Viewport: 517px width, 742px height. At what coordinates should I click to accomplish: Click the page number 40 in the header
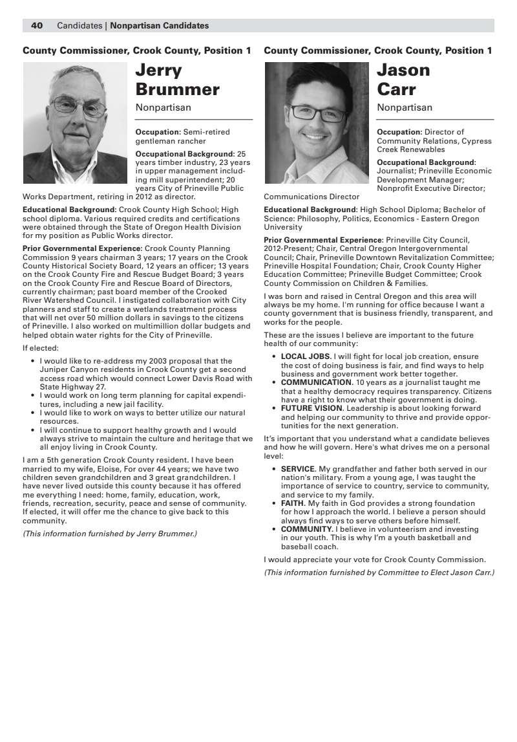pyautogui.click(x=37, y=26)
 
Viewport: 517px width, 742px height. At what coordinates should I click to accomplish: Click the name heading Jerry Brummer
pyautogui.click(x=177, y=80)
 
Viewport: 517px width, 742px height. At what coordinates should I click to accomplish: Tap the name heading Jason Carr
pyautogui.click(x=403, y=80)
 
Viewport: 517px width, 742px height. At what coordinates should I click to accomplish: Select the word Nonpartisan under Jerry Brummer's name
pyautogui.click(x=164, y=107)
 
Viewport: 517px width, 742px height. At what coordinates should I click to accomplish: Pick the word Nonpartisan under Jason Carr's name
pyautogui.click(x=405, y=107)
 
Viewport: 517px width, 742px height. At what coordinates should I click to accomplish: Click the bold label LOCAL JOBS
pyautogui.click(x=305, y=356)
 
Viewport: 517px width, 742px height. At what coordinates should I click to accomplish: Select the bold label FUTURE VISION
pyautogui.click(x=311, y=408)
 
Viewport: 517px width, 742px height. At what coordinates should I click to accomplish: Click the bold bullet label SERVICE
pyautogui.click(x=298, y=469)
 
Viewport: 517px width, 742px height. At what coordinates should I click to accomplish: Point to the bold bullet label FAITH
pyautogui.click(x=292, y=503)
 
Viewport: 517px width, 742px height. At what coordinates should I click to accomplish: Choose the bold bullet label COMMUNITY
pyautogui.click(x=306, y=529)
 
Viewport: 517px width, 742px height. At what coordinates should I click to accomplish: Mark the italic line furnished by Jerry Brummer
pyautogui.click(x=110, y=534)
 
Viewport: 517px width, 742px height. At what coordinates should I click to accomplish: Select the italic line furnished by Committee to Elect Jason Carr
pyautogui.click(x=379, y=573)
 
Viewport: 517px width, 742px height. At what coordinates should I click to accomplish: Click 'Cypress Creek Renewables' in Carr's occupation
pyautogui.click(x=434, y=146)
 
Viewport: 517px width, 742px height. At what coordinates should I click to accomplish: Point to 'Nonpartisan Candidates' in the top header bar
pyautogui.click(x=160, y=26)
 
